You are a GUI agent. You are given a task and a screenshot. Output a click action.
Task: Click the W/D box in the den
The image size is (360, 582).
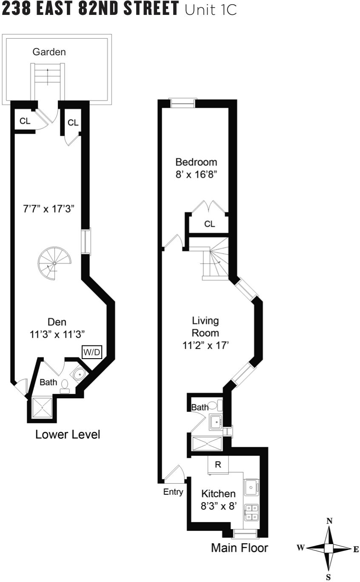92,352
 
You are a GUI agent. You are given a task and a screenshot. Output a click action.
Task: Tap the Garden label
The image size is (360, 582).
49,52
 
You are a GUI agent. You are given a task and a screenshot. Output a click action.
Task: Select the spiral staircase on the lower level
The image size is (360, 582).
53,264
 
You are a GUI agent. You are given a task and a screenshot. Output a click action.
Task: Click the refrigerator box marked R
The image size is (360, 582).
218,465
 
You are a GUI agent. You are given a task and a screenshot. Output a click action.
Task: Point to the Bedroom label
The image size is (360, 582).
196,162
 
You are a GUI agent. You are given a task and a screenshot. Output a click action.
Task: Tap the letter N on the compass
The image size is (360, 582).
329,521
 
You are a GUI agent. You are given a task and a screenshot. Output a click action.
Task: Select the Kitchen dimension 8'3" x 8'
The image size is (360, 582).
218,506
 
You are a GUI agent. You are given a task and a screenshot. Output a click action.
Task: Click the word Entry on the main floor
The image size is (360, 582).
173,492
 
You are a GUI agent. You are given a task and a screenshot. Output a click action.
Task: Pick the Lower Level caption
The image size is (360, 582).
68,435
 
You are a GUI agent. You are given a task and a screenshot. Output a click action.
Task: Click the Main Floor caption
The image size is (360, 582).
240,547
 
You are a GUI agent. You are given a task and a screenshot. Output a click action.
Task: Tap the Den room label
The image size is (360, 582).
56,322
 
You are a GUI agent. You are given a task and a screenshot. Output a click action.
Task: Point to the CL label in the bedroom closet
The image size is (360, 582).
210,224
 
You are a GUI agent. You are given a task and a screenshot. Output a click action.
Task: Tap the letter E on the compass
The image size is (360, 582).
356,549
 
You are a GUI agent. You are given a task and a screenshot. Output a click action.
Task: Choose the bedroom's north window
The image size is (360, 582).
182,103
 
